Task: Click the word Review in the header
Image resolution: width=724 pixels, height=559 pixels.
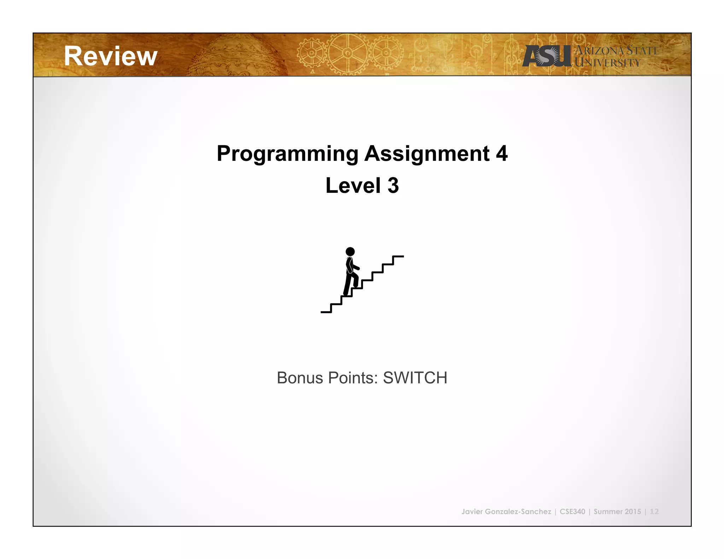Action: (x=111, y=56)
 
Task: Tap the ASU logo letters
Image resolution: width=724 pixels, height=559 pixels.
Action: (x=547, y=56)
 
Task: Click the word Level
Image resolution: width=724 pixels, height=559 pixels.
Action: (x=353, y=186)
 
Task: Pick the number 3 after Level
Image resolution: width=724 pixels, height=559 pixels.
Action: (x=393, y=186)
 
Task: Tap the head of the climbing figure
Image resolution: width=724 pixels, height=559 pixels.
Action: (x=350, y=252)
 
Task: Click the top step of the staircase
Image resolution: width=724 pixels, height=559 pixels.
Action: (x=398, y=257)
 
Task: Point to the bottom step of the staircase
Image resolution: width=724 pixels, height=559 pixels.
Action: (x=326, y=312)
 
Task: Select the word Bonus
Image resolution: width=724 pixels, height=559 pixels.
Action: (x=300, y=378)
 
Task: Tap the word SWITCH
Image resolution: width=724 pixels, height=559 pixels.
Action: (x=415, y=378)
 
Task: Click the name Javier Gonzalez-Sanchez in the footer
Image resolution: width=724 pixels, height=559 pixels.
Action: (x=506, y=512)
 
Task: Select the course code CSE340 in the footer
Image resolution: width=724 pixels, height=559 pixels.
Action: (x=572, y=512)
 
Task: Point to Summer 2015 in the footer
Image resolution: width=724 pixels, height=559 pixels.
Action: (x=617, y=512)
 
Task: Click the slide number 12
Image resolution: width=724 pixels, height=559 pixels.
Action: (x=654, y=512)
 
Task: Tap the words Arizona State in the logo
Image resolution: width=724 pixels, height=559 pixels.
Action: (x=617, y=51)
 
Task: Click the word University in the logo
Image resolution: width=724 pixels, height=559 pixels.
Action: (x=607, y=63)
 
